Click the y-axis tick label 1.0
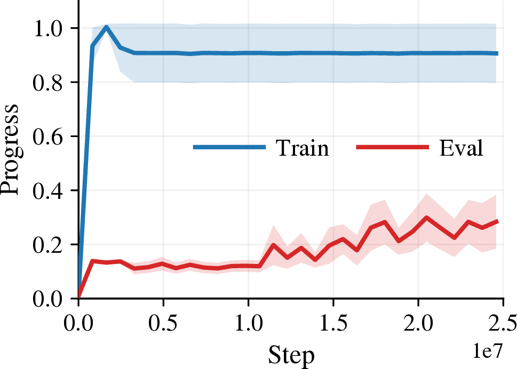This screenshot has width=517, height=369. (x=47, y=29)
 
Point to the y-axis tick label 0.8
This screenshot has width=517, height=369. (x=47, y=83)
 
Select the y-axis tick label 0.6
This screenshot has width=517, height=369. (x=47, y=137)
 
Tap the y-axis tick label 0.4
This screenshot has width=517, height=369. (x=47, y=191)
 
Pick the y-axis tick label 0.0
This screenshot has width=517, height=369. (x=47, y=299)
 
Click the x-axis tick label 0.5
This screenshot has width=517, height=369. (x=163, y=323)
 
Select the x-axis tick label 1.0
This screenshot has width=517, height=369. (x=248, y=323)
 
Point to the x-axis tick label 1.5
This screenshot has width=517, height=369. (x=333, y=323)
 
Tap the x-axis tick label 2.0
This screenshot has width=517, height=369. (x=418, y=323)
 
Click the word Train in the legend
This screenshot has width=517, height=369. (x=303, y=148)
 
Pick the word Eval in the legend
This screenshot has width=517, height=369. (x=462, y=148)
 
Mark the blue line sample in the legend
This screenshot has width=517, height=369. (x=229, y=147)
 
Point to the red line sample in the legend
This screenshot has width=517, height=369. (x=392, y=147)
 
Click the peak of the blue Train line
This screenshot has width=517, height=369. (x=106, y=27)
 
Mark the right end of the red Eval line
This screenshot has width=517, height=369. (x=497, y=221)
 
